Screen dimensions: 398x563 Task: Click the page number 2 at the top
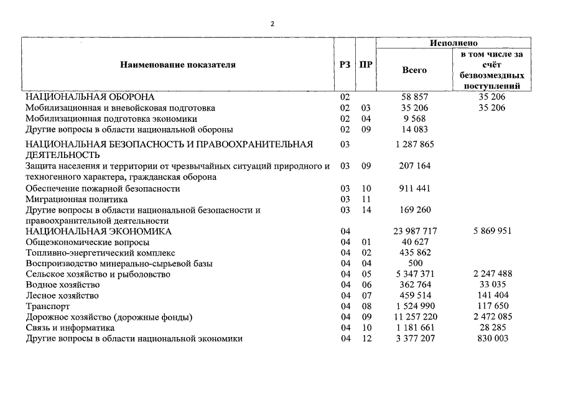(x=272, y=24)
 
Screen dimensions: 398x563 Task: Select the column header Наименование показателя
(x=178, y=64)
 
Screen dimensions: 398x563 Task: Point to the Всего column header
(x=414, y=70)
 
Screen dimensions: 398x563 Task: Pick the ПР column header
(x=366, y=64)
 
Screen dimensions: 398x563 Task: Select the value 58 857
(x=414, y=97)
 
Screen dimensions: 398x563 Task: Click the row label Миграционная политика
(x=77, y=199)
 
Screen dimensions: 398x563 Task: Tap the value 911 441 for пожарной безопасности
(x=414, y=188)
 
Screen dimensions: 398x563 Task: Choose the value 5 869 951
(x=491, y=231)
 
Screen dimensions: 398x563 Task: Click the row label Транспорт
(x=47, y=307)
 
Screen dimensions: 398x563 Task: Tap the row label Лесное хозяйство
(x=62, y=296)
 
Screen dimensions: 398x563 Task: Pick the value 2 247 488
(x=491, y=274)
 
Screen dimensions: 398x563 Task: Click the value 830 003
(x=491, y=338)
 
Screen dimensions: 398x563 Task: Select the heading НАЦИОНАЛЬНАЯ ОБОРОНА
(x=90, y=97)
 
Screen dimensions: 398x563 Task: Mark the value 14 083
(x=414, y=129)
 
